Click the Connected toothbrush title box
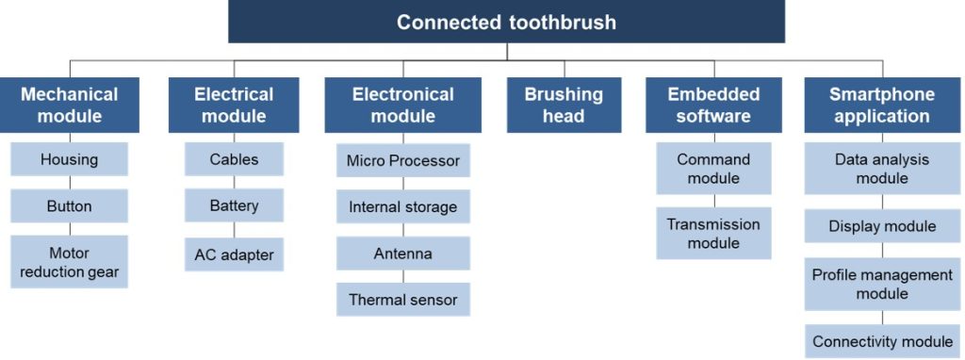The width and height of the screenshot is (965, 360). [506, 22]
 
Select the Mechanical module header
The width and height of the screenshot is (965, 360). [70, 105]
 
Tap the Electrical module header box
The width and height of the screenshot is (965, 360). [234, 105]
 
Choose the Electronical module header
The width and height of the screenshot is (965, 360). [403, 105]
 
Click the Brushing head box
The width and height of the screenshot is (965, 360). [564, 105]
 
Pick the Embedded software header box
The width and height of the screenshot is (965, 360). [714, 105]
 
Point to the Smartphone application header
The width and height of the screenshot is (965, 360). [882, 105]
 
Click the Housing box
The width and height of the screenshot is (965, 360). [70, 159]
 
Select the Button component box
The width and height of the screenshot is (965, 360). [70, 205]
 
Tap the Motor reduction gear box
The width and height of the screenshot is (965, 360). [70, 262]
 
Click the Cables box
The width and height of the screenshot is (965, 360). [234, 159]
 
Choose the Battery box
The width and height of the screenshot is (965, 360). [234, 205]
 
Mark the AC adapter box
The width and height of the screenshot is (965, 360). [234, 254]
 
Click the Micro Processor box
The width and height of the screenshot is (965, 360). [403, 160]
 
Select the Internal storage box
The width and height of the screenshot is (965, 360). [403, 206]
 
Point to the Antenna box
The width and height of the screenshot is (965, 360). [403, 253]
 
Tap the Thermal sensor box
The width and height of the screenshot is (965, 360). [403, 300]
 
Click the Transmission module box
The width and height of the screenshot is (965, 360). [714, 233]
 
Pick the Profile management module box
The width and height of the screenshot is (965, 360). [882, 284]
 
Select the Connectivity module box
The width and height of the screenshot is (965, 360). [882, 341]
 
